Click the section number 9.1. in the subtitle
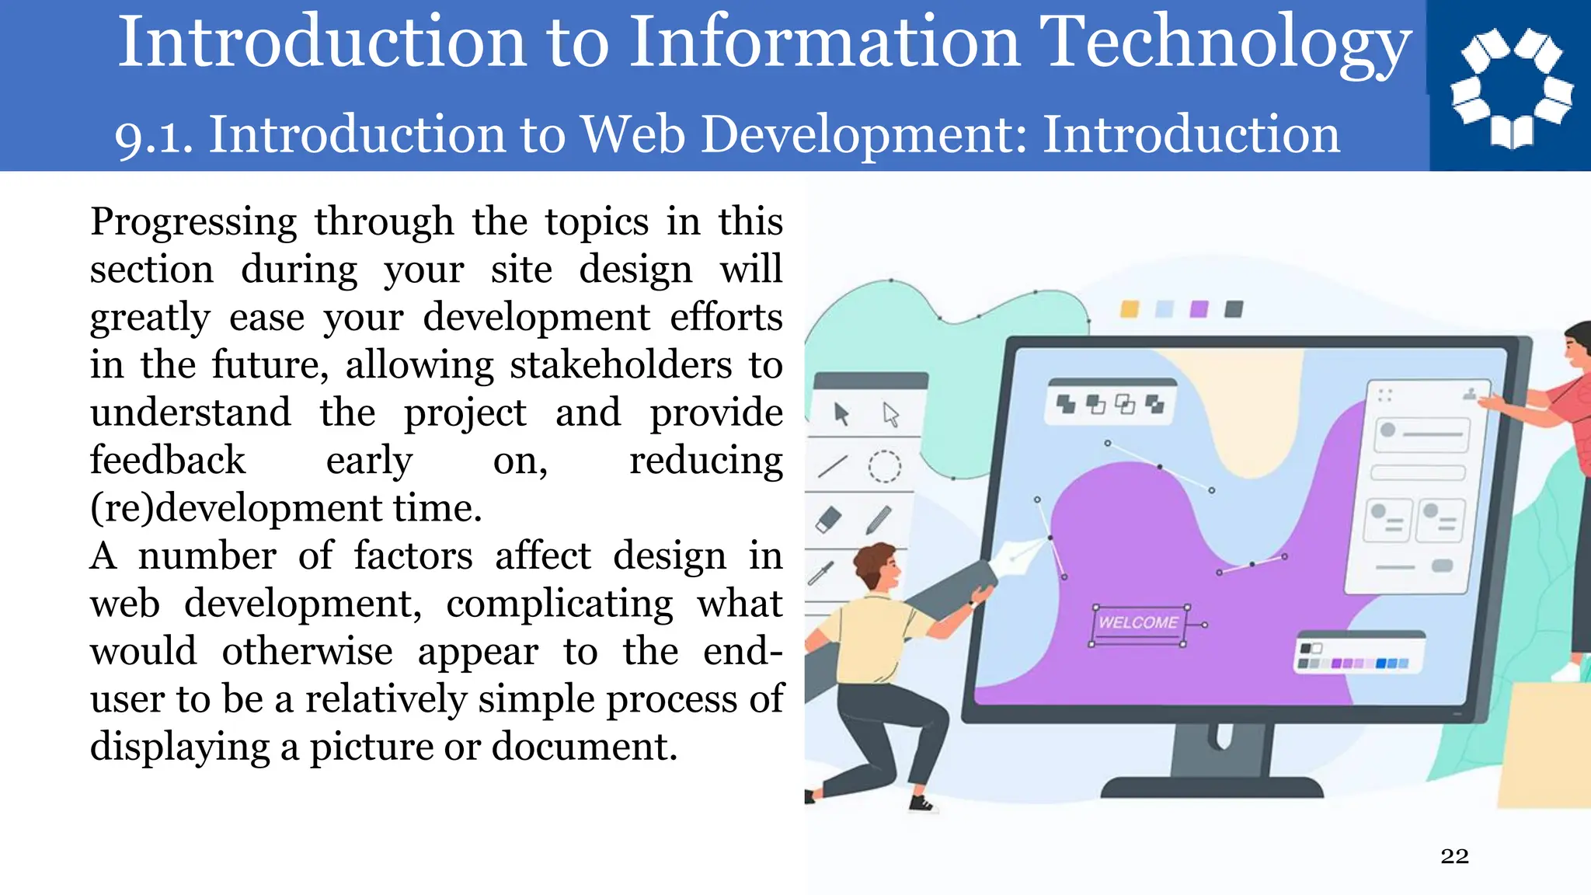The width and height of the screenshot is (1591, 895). tap(154, 137)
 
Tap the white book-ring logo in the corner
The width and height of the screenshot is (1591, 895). tap(1511, 85)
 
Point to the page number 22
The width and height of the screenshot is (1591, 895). tap(1454, 856)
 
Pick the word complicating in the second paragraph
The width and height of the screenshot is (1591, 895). tap(559, 604)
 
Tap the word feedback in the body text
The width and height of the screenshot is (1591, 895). tap(168, 461)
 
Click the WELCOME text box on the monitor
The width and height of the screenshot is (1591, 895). tap(1138, 623)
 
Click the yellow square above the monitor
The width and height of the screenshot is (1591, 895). tap(1130, 309)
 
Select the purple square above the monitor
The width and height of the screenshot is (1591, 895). tap(1199, 309)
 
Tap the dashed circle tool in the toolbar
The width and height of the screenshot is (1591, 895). tap(884, 466)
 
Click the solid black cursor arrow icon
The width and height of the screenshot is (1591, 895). tap(841, 414)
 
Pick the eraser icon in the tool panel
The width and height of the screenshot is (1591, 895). tap(829, 519)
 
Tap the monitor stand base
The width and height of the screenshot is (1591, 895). tap(1212, 786)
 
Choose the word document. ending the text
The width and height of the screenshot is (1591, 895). tap(584, 747)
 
